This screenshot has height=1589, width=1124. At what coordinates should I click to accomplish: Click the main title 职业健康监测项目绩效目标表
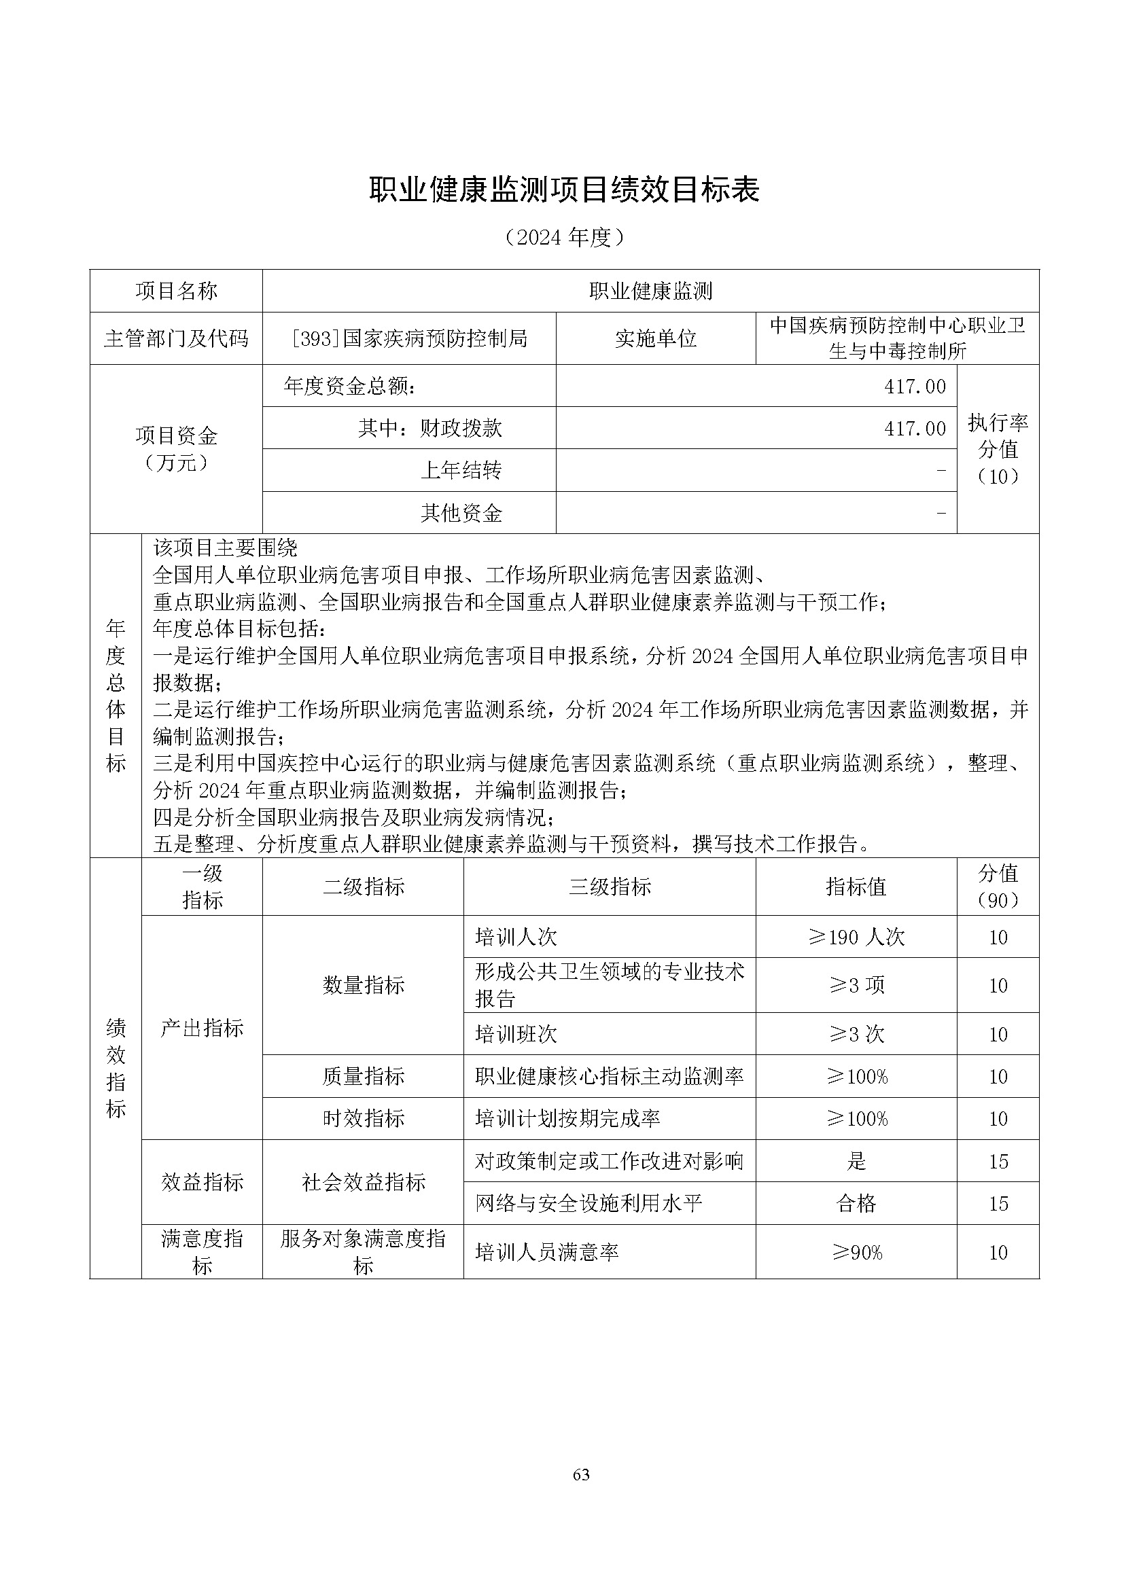(x=564, y=190)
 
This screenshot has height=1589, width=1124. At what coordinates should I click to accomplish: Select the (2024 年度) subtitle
(x=564, y=238)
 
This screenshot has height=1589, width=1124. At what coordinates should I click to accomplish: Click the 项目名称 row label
(x=176, y=291)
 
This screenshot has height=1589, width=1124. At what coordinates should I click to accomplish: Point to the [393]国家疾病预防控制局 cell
(x=409, y=338)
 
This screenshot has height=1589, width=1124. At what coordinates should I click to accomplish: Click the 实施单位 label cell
(x=655, y=338)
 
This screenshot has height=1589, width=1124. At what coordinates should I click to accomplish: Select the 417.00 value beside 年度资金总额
(x=914, y=386)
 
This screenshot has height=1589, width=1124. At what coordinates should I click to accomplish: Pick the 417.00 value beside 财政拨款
(x=914, y=429)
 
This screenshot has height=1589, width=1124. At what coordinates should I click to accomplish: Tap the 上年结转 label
(x=461, y=471)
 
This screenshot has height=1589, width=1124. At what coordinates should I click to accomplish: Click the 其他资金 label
(x=461, y=513)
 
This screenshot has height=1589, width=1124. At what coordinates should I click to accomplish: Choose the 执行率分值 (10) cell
(x=998, y=449)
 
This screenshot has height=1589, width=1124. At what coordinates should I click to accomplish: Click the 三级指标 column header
(x=610, y=887)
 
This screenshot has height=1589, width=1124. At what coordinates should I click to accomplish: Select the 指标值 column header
(x=856, y=887)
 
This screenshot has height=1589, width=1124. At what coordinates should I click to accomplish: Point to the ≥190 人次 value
(x=856, y=937)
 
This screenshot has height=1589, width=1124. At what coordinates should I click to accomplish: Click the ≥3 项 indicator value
(x=856, y=986)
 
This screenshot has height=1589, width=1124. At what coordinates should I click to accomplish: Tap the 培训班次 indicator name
(x=516, y=1035)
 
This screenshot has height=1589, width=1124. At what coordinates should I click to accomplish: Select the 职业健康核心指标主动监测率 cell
(x=609, y=1077)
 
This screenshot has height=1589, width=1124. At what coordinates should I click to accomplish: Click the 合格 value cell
(x=856, y=1204)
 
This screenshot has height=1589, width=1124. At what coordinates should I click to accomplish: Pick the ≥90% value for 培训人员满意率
(x=856, y=1253)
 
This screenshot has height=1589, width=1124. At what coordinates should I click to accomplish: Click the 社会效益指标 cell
(x=364, y=1182)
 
